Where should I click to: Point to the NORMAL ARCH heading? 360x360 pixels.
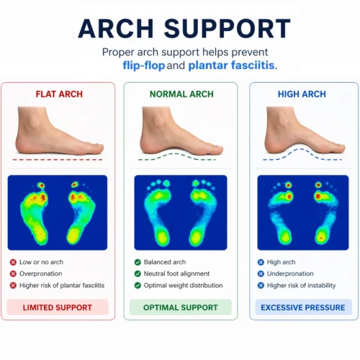point(180,94)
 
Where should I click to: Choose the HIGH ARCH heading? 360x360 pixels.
point(302,94)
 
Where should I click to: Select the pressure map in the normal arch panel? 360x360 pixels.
point(180,212)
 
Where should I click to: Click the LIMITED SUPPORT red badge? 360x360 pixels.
point(58,307)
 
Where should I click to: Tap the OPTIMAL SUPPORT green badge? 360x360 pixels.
point(180,307)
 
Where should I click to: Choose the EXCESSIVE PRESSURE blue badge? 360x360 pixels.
point(302,307)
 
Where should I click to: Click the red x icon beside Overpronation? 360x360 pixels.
point(14,274)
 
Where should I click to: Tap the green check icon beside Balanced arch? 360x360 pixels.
point(138,263)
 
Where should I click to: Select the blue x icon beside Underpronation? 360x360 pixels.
point(261,274)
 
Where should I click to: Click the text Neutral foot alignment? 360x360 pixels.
point(176,274)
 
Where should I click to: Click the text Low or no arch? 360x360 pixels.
point(47,263)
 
